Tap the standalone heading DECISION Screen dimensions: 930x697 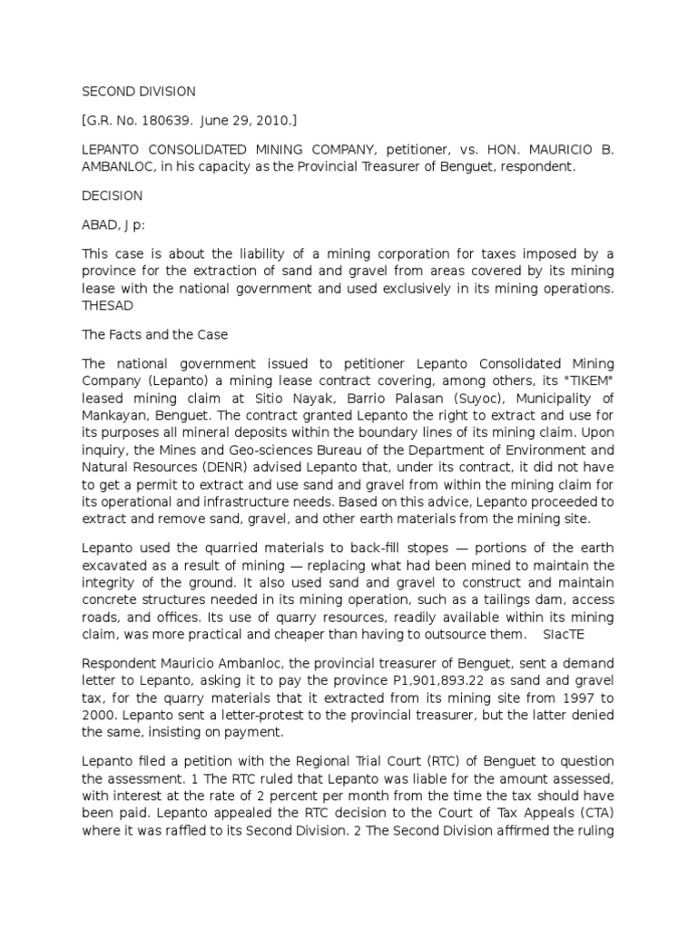[112, 195]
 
